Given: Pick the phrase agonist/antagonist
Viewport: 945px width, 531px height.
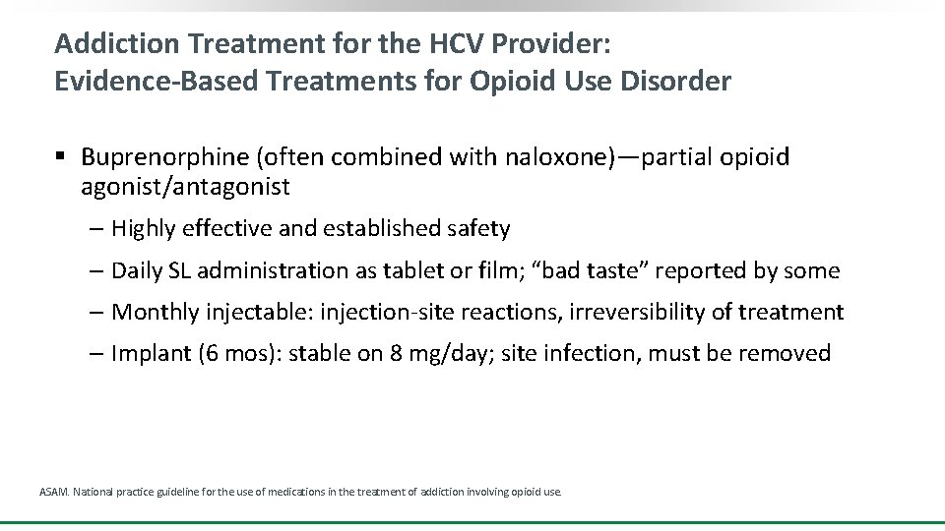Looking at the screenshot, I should coord(185,186).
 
